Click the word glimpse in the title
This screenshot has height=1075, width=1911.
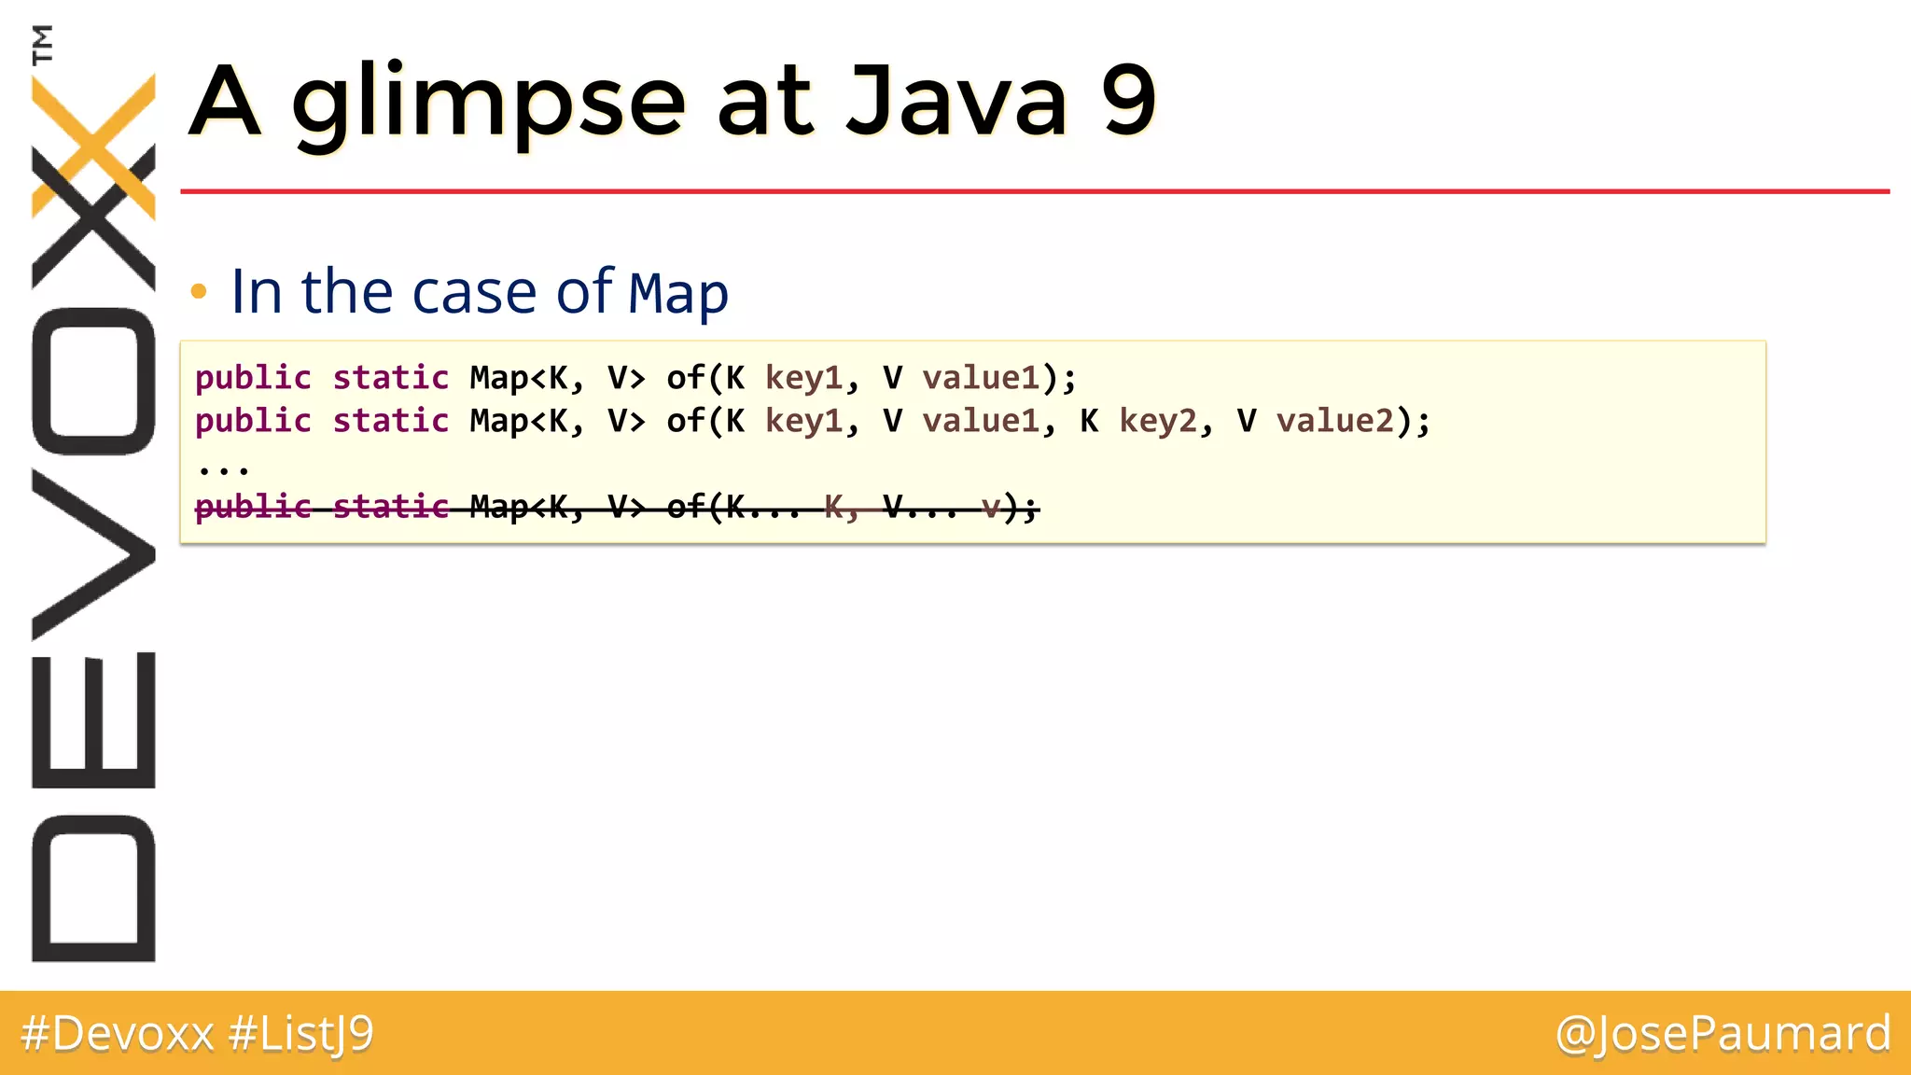[x=489, y=103]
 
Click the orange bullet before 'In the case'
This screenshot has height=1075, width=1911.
[x=198, y=292]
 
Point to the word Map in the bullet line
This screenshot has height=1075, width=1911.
[x=678, y=294]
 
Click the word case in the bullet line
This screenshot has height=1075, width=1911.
[x=475, y=292]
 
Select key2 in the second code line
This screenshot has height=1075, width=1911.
[x=1157, y=421]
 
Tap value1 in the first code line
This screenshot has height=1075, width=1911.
[x=981, y=378]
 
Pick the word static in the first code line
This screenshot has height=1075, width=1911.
[x=391, y=378]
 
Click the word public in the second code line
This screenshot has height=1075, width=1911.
[x=253, y=421]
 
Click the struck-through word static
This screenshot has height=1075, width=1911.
[x=391, y=507]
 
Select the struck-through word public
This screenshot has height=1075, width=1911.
[x=253, y=507]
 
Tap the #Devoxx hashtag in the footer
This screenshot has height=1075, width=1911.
[x=118, y=1034]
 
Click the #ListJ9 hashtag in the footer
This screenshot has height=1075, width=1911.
[x=300, y=1034]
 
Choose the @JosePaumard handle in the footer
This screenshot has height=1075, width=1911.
[x=1723, y=1034]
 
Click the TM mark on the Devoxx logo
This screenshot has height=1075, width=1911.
[x=42, y=44]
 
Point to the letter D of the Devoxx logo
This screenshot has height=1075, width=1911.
[x=93, y=887]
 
